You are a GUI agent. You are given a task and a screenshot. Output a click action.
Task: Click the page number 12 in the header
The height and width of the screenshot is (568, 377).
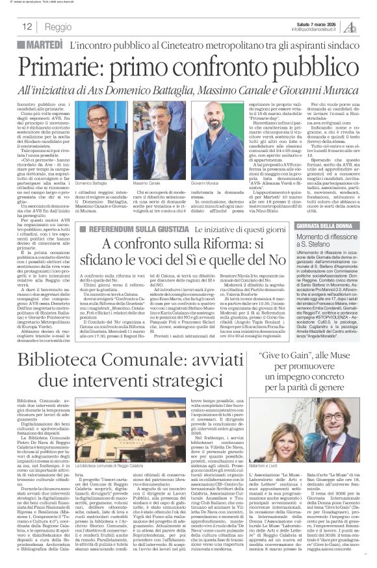click(x=26, y=27)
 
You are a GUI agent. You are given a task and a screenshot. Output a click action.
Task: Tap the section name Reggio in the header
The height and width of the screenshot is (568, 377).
click(x=58, y=27)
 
